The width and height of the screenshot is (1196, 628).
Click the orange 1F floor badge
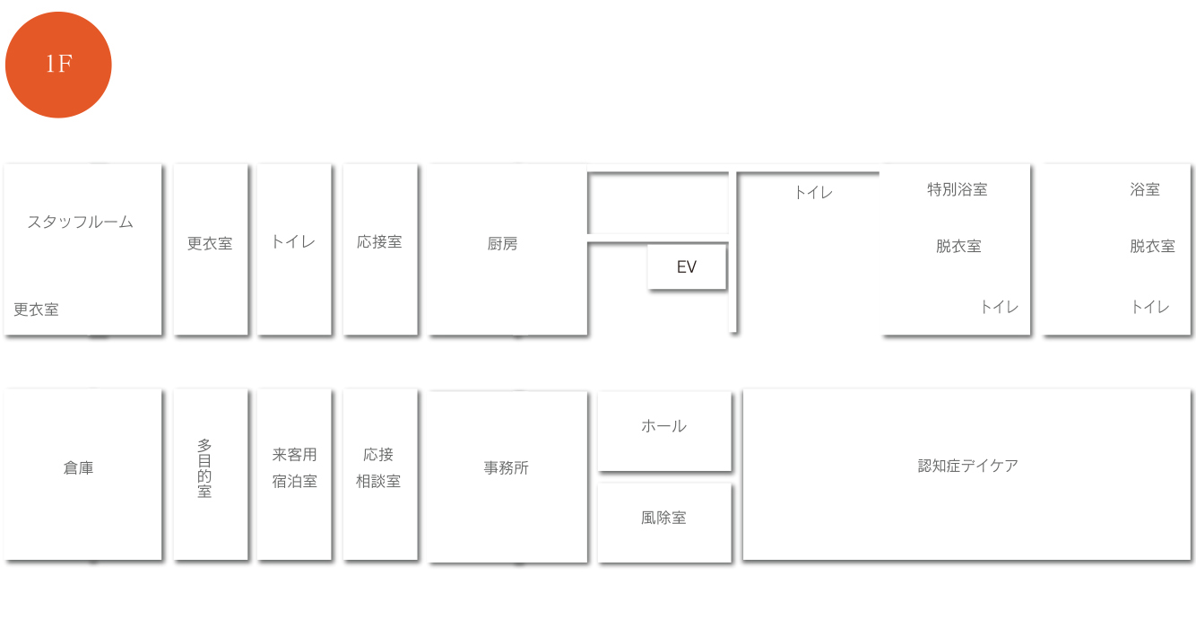coord(58,65)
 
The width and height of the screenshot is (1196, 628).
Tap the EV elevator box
coord(687,266)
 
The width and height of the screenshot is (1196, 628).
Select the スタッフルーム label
coord(80,222)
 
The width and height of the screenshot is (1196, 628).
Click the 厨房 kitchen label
coord(502,244)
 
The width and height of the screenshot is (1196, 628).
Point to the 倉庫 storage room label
coord(79,467)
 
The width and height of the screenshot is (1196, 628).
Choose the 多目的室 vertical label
coord(204,468)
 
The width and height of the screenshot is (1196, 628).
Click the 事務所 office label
coord(507,467)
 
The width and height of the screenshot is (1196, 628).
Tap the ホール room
coord(664,432)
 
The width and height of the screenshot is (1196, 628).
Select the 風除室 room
coord(664,522)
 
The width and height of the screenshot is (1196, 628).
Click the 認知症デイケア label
coord(968,466)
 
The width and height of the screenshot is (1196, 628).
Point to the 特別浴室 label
coord(958,189)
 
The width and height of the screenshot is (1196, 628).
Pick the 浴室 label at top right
coord(1145,189)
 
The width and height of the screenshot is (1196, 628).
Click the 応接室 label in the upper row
coord(379,241)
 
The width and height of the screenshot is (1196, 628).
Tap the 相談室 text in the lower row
coord(378,481)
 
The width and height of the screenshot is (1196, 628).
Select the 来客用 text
coord(295,454)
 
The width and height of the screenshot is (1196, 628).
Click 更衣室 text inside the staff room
coord(36,309)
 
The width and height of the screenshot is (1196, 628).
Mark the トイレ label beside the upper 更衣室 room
coord(293,241)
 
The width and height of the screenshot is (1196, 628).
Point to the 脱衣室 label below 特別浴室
coord(958,246)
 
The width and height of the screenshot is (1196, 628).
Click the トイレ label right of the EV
coord(813,192)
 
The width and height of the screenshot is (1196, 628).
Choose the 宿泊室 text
coord(295,481)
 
